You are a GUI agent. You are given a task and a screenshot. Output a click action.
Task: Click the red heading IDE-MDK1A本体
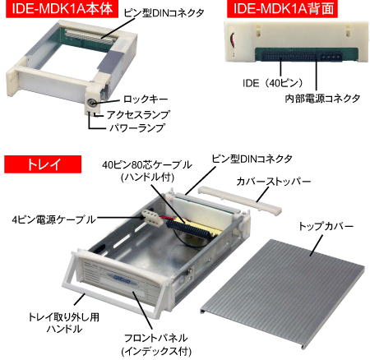coord(62,9)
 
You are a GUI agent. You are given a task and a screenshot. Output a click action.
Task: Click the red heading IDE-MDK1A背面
coord(282,9)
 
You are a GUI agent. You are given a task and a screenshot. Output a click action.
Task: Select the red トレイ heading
coord(43,164)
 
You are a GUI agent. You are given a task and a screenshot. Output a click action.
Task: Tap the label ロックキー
coord(146,99)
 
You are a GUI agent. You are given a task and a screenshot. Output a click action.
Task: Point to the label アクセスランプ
coord(138,114)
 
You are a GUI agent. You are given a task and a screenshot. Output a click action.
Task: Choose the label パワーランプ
coord(137,127)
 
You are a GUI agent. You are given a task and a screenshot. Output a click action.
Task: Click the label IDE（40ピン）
coord(273,83)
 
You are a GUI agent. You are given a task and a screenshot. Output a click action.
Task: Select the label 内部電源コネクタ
coord(322,98)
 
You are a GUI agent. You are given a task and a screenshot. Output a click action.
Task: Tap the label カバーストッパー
coord(274,181)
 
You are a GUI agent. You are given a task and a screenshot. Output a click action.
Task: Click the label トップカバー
coord(326,226)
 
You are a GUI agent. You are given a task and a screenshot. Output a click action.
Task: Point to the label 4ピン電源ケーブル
coord(53,219)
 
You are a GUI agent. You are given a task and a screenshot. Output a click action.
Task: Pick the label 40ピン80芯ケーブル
coord(147,164)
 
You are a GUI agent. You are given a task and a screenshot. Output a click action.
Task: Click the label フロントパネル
coord(156,338)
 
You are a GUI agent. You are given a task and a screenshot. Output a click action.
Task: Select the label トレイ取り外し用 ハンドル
coord(64,323)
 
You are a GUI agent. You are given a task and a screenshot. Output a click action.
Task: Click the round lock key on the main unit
coord(91,103)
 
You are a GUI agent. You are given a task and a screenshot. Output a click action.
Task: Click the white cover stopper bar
coord(239,200)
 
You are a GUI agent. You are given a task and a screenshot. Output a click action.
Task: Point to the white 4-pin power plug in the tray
coord(151,218)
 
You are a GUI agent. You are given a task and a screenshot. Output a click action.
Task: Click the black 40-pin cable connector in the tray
coord(190,229)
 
